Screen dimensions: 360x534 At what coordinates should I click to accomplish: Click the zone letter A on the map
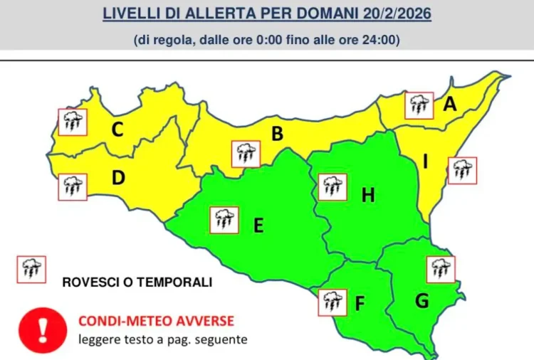[x=449, y=105]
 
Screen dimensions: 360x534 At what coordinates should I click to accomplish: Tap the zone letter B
[x=278, y=133]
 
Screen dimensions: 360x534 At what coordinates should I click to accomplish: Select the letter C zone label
[x=118, y=129]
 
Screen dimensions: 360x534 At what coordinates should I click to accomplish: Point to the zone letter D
[x=118, y=177]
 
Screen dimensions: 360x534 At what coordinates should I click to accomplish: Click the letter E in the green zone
[x=258, y=226]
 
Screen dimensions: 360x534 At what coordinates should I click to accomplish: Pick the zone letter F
[x=360, y=304]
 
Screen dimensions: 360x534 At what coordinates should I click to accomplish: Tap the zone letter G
[x=422, y=300]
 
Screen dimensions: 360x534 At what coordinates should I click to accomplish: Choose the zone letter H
[x=368, y=195]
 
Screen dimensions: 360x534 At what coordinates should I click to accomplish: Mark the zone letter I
[x=426, y=162]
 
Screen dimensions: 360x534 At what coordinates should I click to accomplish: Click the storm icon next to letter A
[x=419, y=106]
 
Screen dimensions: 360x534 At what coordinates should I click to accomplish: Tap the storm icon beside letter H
[x=333, y=187]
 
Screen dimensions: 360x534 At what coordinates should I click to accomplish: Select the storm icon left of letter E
[x=224, y=219]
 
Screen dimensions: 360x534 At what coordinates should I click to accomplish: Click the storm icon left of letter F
[x=333, y=302]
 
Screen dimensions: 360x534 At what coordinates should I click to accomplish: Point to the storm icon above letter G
[x=441, y=270]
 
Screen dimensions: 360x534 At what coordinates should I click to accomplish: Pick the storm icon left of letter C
[x=72, y=122]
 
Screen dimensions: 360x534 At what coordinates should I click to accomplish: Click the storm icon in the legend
[x=31, y=269]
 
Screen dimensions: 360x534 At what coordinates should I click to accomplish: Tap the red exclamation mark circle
[x=42, y=329]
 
